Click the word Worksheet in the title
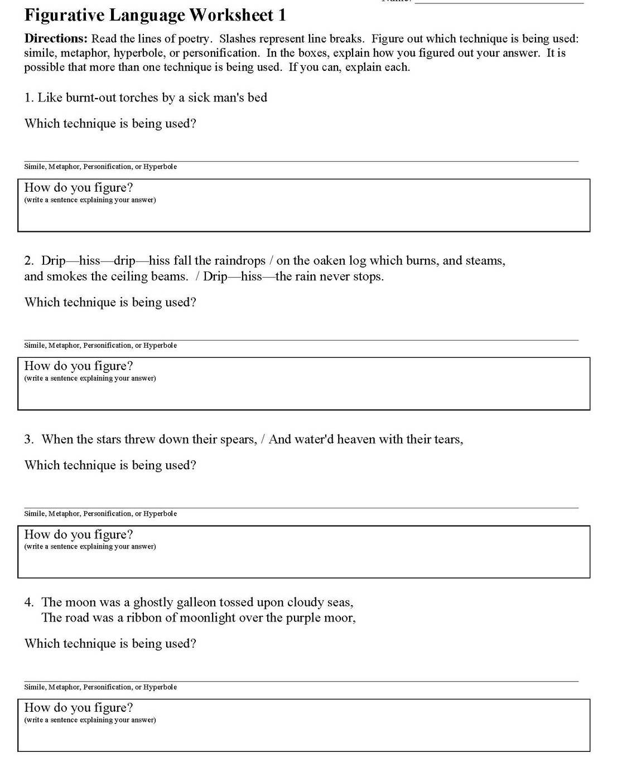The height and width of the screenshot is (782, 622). [x=230, y=15]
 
